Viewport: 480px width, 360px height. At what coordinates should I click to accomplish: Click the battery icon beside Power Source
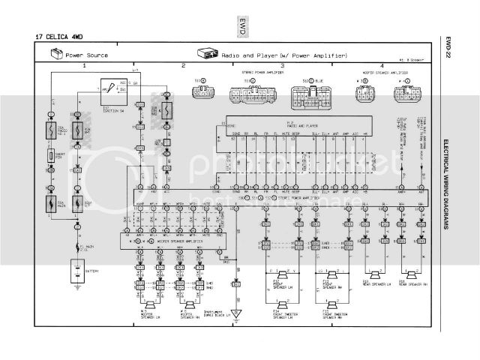(x=56, y=55)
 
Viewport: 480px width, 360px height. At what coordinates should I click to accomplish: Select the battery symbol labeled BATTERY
(x=75, y=271)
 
